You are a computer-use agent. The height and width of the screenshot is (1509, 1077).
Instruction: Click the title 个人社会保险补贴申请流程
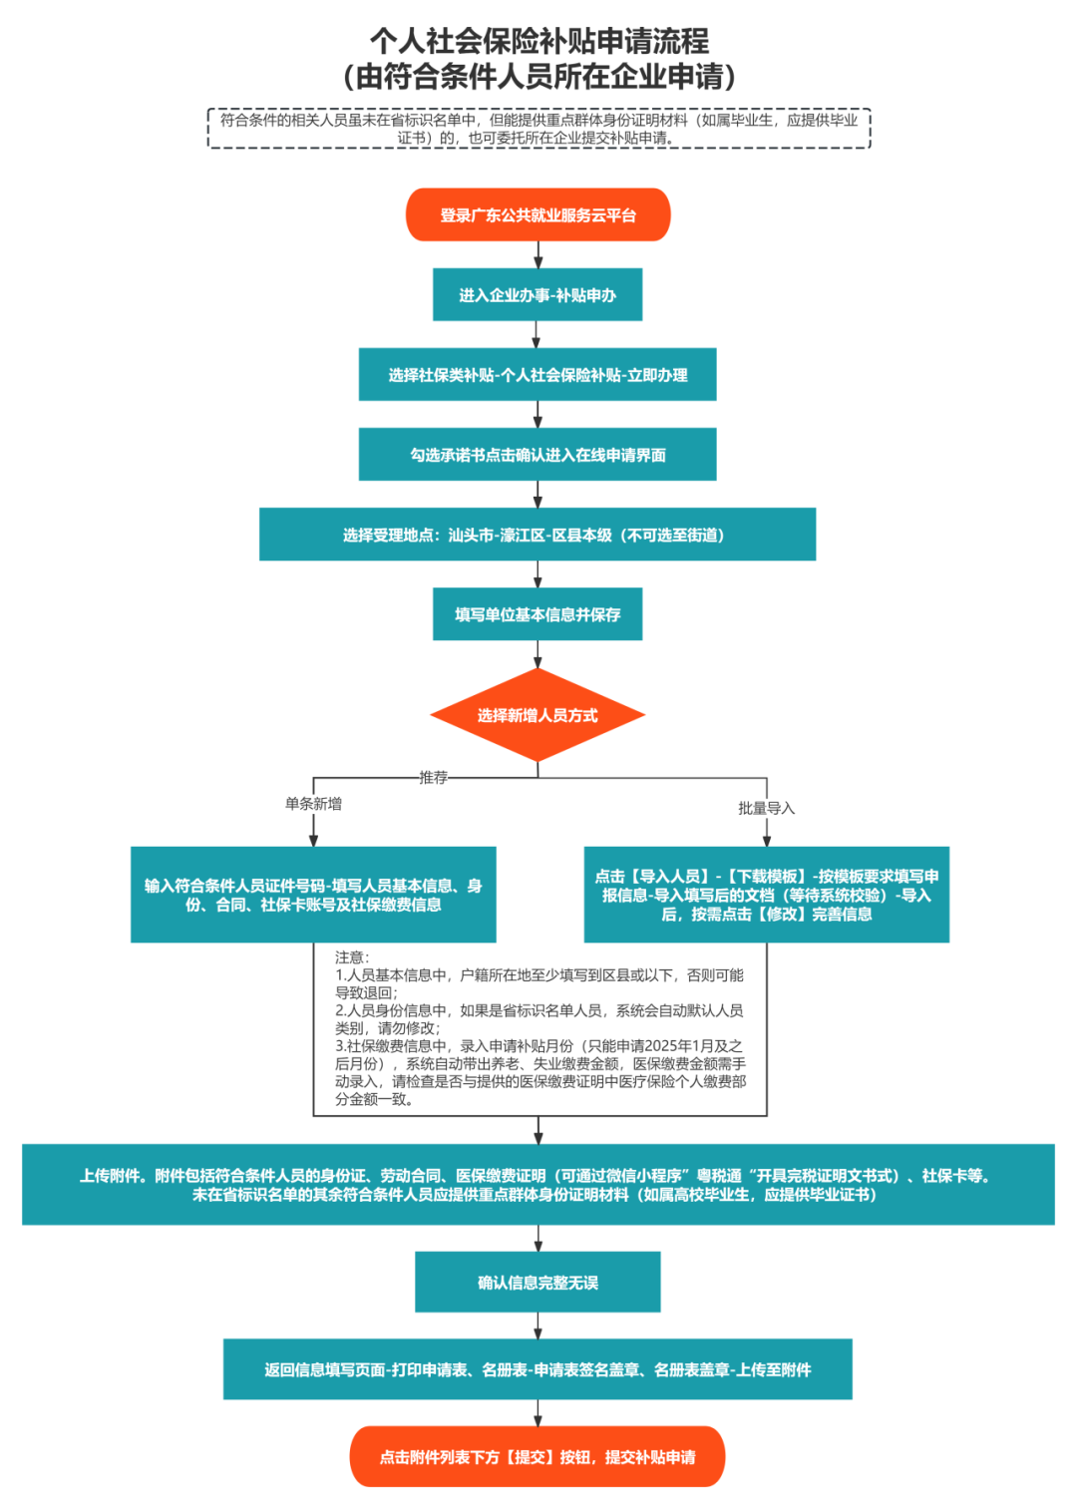point(538,41)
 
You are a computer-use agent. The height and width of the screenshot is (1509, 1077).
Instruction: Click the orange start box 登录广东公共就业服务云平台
point(538,215)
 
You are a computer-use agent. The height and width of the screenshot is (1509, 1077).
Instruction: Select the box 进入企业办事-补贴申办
point(538,295)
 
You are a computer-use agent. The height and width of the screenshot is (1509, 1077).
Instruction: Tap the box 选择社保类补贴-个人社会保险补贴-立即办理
point(538,375)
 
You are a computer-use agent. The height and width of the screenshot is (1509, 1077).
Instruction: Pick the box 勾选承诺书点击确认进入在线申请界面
point(538,455)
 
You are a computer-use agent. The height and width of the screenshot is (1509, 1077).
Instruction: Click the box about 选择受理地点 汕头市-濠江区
point(538,535)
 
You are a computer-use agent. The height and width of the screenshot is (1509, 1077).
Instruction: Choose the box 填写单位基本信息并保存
point(538,614)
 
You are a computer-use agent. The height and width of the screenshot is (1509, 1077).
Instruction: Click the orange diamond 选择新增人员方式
point(538,715)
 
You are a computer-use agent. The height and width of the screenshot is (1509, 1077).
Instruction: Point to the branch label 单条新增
point(313,804)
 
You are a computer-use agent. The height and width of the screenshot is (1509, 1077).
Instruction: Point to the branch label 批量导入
point(766,808)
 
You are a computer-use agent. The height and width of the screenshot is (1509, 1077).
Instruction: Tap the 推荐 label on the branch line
point(434,777)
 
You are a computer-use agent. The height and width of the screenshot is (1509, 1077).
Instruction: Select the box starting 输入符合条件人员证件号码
point(313,895)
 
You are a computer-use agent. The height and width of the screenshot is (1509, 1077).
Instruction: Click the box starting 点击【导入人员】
point(766,895)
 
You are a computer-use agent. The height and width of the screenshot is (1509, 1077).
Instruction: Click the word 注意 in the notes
point(352,957)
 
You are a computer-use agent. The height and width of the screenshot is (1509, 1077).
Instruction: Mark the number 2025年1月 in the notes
point(679,1046)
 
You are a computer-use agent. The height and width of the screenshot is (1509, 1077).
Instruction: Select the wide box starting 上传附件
point(538,1185)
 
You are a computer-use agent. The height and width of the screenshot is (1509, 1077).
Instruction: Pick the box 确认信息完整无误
point(538,1283)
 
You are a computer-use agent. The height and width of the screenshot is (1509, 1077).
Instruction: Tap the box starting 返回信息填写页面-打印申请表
point(538,1370)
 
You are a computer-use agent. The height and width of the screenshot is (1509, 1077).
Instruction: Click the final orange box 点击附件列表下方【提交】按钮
point(538,1457)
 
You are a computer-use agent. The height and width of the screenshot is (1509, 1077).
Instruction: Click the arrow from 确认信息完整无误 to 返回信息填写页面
point(538,1325)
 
